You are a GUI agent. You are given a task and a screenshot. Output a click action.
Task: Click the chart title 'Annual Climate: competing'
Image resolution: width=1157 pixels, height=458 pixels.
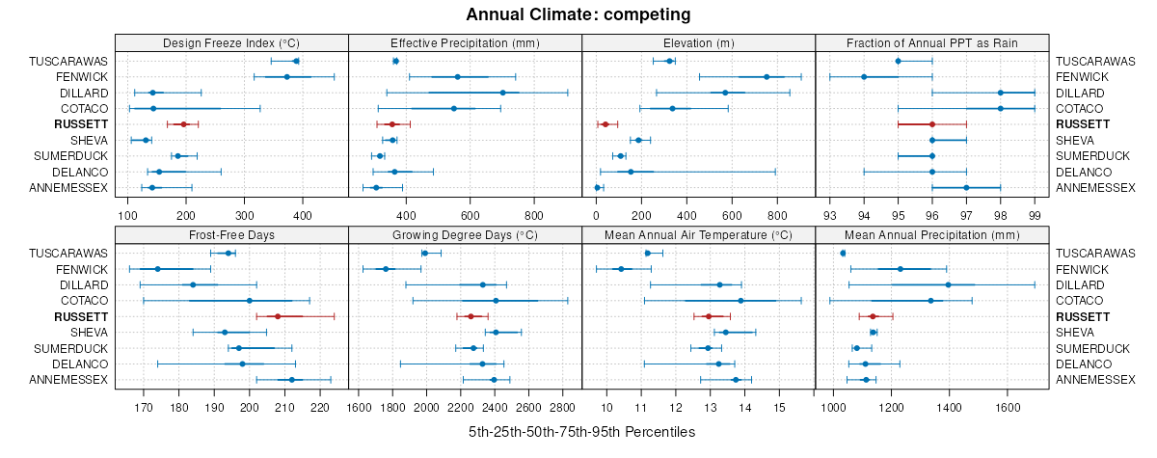click(x=578, y=14)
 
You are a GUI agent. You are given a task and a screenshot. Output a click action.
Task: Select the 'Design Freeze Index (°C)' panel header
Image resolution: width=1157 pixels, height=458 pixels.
click(x=231, y=42)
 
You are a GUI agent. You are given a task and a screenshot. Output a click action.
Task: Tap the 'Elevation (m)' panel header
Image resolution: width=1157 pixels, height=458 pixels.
click(x=698, y=42)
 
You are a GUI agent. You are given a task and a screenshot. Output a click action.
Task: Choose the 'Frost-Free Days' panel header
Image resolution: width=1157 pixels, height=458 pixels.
click(x=231, y=234)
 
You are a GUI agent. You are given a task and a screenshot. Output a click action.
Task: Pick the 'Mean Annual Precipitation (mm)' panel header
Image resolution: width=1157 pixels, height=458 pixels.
click(x=931, y=234)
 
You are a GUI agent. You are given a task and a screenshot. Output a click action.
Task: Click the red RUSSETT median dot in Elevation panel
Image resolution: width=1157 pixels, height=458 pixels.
click(x=605, y=124)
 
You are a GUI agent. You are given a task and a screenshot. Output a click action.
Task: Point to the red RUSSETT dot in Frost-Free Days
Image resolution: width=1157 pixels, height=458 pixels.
click(x=278, y=316)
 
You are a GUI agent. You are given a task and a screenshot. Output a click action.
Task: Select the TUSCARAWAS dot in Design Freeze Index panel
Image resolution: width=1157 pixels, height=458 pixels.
click(x=296, y=61)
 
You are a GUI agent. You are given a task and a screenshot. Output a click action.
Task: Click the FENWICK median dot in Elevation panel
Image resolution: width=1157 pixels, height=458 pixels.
click(x=767, y=77)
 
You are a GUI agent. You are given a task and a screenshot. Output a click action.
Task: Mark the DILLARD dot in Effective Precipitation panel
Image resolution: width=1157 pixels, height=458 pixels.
click(x=502, y=93)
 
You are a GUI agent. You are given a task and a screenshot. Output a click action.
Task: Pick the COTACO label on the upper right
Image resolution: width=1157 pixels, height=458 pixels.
click(x=1080, y=109)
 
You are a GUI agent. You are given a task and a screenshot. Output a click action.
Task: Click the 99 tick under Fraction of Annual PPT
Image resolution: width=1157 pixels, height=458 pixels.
click(x=1035, y=215)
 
